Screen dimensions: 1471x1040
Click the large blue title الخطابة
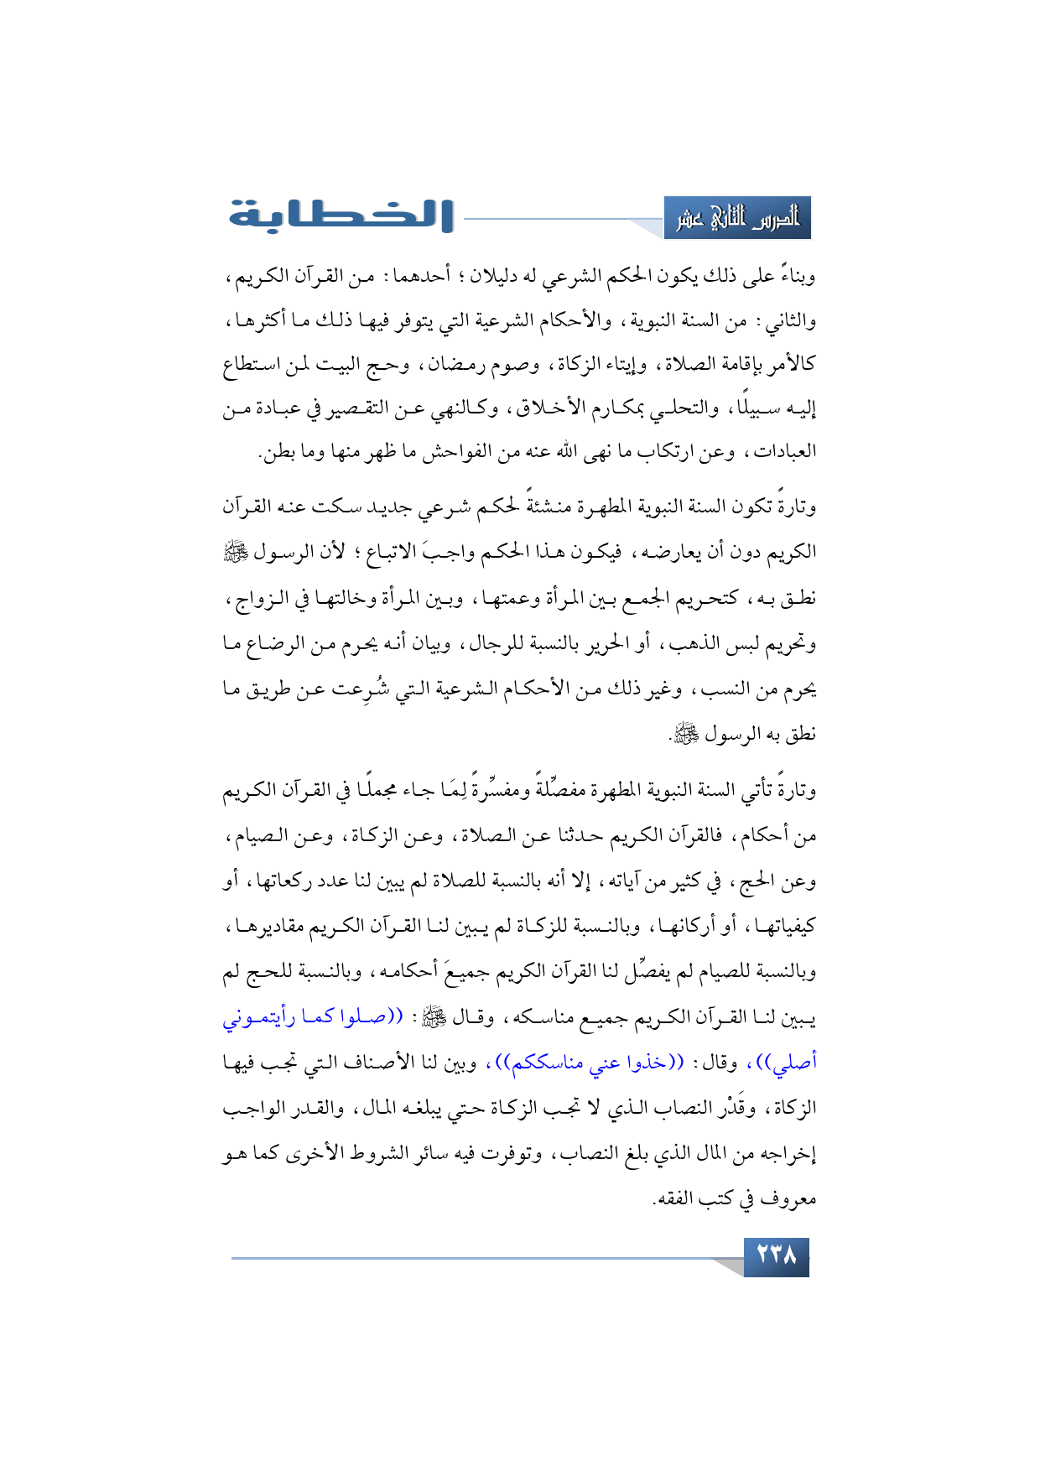click(342, 216)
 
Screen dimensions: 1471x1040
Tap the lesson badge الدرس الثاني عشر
click(737, 218)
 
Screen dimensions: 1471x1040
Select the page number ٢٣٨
click(776, 1257)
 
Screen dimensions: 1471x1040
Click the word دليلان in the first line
click(484, 276)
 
